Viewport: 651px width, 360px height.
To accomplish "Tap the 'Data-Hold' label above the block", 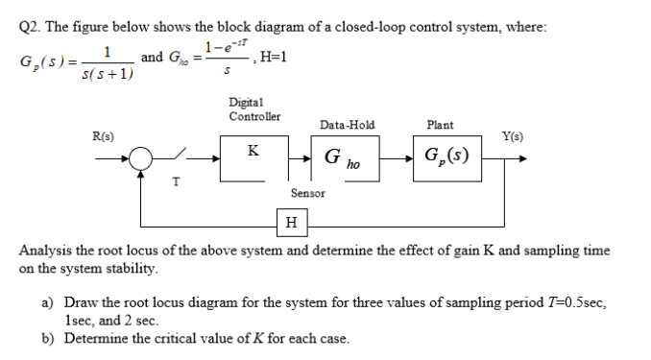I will (348, 125).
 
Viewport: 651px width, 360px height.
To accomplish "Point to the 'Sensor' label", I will (307, 193).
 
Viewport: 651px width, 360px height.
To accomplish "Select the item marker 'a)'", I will (46, 301).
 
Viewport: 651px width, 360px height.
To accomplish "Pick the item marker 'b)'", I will (46, 338).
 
